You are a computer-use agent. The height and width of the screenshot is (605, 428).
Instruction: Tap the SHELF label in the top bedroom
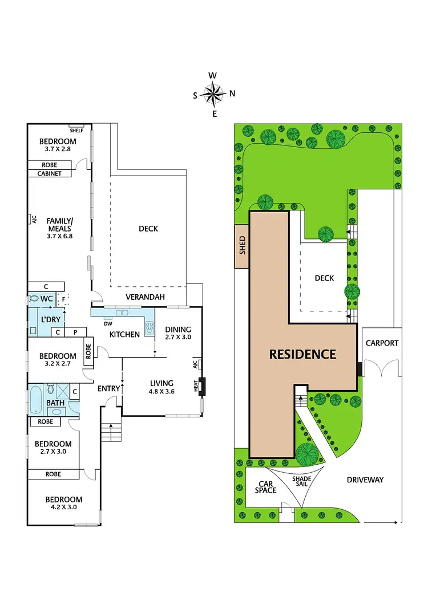pyautogui.click(x=76, y=130)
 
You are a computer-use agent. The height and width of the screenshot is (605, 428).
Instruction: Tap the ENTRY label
pyautogui.click(x=109, y=389)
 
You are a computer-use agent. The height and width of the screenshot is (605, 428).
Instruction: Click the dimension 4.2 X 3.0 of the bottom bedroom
pyautogui.click(x=64, y=506)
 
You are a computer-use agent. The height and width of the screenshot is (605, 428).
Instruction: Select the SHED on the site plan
pyautogui.click(x=241, y=247)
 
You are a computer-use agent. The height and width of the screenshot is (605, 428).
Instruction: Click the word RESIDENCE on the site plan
pyautogui.click(x=302, y=354)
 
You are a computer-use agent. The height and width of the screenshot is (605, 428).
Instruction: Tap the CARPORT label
pyautogui.click(x=382, y=343)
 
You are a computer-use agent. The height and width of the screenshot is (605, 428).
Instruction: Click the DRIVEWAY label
pyautogui.click(x=365, y=480)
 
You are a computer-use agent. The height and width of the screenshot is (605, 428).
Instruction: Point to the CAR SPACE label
pyautogui.click(x=265, y=486)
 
